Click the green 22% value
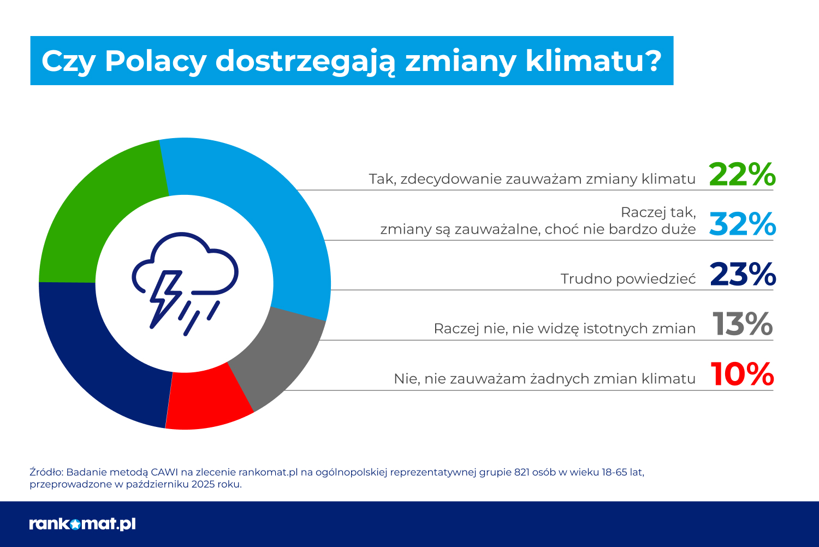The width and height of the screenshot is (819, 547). (742, 175)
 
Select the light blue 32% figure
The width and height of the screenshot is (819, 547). (742, 224)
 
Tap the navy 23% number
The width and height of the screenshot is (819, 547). (743, 275)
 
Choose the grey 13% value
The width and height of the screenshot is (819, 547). (743, 324)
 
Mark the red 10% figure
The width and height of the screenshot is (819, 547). (743, 374)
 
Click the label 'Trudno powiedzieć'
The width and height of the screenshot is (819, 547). (628, 279)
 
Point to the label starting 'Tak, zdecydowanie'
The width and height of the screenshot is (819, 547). (532, 179)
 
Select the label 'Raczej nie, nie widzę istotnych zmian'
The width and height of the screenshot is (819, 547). (565, 329)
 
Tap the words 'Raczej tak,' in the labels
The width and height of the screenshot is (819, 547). (658, 212)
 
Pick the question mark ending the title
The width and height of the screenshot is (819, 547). (652, 61)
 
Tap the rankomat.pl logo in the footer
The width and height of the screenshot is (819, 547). (82, 524)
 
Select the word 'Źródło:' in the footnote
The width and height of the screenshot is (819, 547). (46, 472)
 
